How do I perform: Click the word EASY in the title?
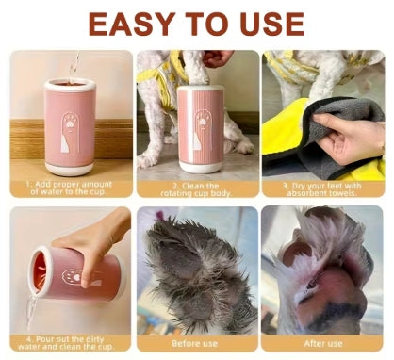point(132,25)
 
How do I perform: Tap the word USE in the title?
point(271,25)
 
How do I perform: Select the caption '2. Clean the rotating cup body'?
point(196,189)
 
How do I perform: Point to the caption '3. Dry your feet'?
point(321,189)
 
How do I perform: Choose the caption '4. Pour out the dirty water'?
point(65,343)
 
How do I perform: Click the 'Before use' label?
point(195,343)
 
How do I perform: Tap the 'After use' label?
point(323,343)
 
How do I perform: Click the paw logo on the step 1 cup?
point(70,133)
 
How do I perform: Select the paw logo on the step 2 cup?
point(202,129)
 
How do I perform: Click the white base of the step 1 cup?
point(69,169)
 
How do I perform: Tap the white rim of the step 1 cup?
point(70,85)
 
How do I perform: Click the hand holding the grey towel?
point(347,137)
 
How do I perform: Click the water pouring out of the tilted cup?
point(31,310)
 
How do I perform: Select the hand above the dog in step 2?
point(217,58)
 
